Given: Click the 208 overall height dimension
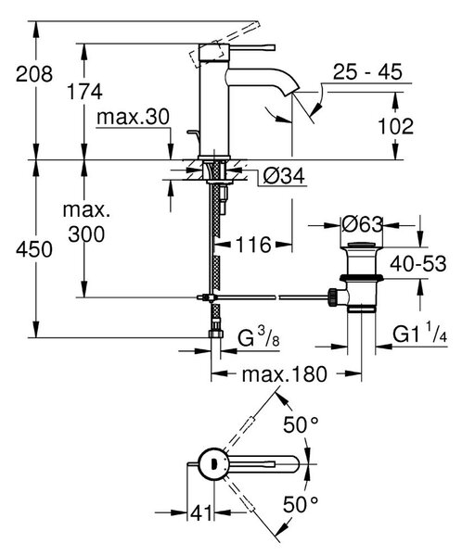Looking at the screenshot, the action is (x=34, y=74).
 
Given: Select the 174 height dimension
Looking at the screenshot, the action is (x=84, y=91).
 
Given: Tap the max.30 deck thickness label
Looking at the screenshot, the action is (x=134, y=117).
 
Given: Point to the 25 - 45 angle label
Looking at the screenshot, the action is (x=367, y=71).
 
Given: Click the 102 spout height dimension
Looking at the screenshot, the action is (x=395, y=126).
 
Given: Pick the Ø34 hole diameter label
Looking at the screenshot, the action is (x=284, y=175).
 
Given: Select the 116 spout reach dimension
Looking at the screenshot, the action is (x=253, y=245).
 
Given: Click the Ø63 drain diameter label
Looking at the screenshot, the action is (x=362, y=224).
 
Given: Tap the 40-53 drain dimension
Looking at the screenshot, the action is (x=418, y=263).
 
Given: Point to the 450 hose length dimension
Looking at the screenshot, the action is (x=34, y=248).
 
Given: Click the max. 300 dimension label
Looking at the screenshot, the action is (x=86, y=222).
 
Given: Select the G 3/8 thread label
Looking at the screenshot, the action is (x=258, y=337).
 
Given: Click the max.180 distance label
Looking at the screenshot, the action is (x=284, y=374).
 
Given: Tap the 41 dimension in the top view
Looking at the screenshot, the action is (x=201, y=512).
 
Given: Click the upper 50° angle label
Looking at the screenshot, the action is (x=301, y=424).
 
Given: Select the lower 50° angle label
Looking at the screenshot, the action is (x=301, y=504).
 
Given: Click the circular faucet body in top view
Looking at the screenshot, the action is (x=213, y=463).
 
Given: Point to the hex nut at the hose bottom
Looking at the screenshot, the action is (x=216, y=334).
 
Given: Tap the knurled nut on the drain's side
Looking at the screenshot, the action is (x=333, y=297).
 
